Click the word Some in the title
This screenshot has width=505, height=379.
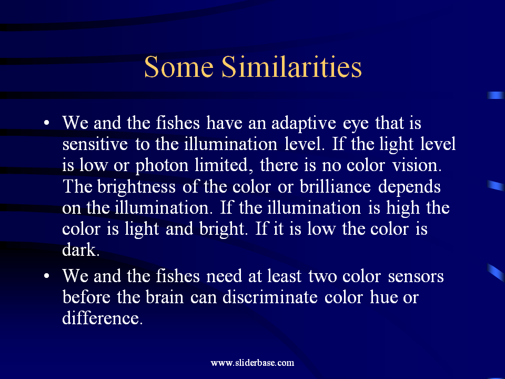[x=179, y=67]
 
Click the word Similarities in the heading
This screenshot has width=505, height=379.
[x=292, y=66]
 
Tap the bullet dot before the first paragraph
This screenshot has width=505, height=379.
[x=47, y=123]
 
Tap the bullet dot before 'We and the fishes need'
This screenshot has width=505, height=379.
[x=47, y=276]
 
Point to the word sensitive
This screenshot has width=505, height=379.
[x=95, y=144]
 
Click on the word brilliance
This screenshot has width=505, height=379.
[x=335, y=186]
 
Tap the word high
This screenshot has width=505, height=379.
[x=403, y=208]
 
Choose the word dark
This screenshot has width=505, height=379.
[x=81, y=250]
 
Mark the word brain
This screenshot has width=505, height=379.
[x=165, y=297]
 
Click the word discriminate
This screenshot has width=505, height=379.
[x=270, y=297]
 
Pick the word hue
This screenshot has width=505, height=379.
[x=382, y=297]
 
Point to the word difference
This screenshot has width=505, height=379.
[x=102, y=318]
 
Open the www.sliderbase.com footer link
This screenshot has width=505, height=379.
[x=252, y=363]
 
